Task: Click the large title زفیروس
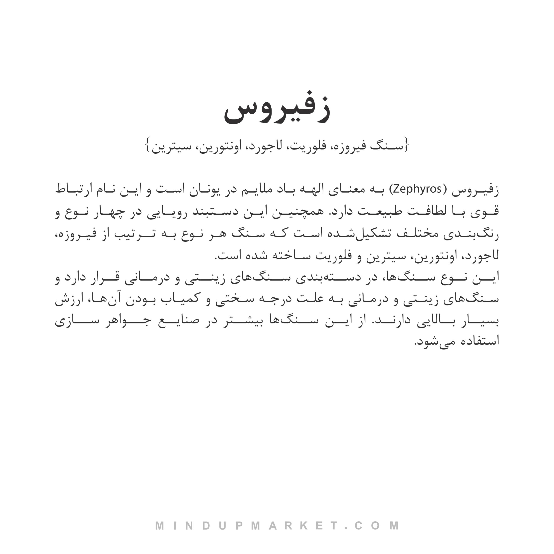point(277,111)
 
